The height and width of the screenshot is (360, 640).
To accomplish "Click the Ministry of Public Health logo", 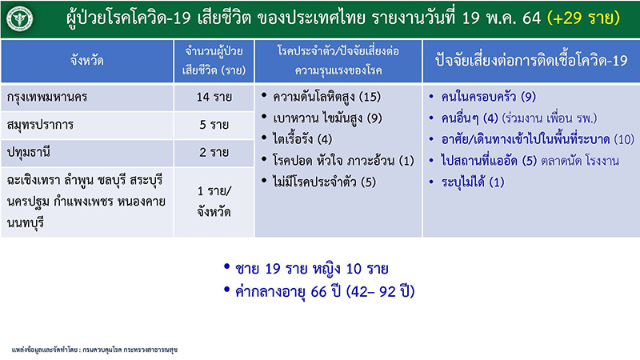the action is tap(19, 18).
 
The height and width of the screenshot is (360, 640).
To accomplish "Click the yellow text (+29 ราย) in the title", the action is tap(583, 18).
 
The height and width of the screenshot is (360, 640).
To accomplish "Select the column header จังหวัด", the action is tap(86, 62).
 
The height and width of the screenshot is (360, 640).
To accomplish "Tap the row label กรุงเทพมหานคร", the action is tap(47, 97).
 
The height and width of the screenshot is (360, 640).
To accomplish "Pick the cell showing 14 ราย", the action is tap(214, 97).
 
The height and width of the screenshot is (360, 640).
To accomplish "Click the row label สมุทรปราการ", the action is tap(40, 125).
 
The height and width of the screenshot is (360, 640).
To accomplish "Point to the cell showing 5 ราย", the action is tap(214, 125).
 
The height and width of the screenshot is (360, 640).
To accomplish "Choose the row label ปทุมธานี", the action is tap(29, 153).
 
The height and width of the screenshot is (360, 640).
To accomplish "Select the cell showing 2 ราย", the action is tap(214, 153).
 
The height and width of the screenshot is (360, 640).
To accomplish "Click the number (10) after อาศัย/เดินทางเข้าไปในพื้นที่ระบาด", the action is tap(624, 139).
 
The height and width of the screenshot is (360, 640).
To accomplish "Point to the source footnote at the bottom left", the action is tap(94, 350).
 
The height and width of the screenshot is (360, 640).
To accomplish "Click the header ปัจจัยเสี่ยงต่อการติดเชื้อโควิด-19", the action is tap(531, 62).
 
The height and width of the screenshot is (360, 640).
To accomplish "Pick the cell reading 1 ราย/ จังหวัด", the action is tap(214, 202).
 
